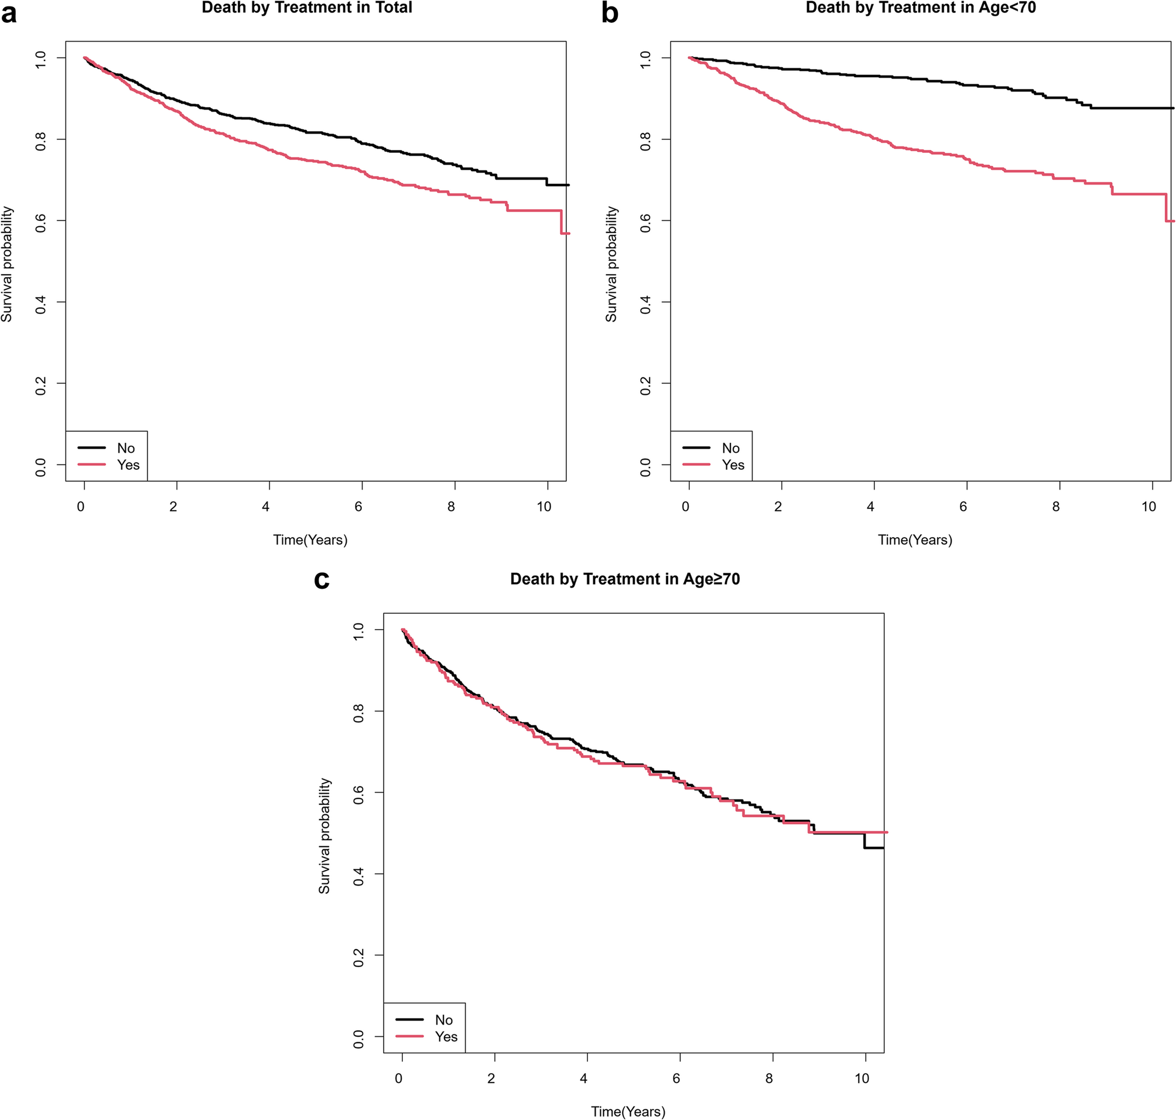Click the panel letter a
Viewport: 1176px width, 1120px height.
tap(9, 13)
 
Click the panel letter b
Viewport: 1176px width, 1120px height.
tap(610, 13)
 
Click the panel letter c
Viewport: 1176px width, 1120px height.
tap(322, 579)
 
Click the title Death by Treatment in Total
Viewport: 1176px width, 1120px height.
tap(307, 8)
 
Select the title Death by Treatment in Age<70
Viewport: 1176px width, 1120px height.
tap(921, 8)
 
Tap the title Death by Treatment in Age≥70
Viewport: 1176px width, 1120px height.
tap(625, 579)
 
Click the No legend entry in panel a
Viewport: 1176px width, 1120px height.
tap(125, 448)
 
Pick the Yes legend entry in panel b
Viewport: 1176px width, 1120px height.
tap(733, 465)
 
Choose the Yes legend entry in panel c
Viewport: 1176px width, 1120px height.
tap(446, 1037)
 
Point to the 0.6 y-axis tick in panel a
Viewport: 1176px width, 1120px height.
tap(40, 220)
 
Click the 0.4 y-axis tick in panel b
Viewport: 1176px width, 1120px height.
tap(645, 302)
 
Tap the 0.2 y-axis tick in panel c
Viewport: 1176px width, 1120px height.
tap(359, 955)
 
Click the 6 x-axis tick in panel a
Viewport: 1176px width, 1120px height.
tap(358, 507)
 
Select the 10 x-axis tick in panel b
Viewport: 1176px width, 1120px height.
tap(1148, 507)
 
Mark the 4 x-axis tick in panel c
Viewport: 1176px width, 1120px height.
tap(584, 1079)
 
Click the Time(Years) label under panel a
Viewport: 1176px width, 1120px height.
tap(310, 539)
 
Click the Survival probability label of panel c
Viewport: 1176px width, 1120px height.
tap(324, 836)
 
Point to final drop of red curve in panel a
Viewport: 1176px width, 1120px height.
tap(561, 221)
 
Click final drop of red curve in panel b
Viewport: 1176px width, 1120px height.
tap(1167, 207)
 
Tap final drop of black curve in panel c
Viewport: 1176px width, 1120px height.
tap(864, 840)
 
